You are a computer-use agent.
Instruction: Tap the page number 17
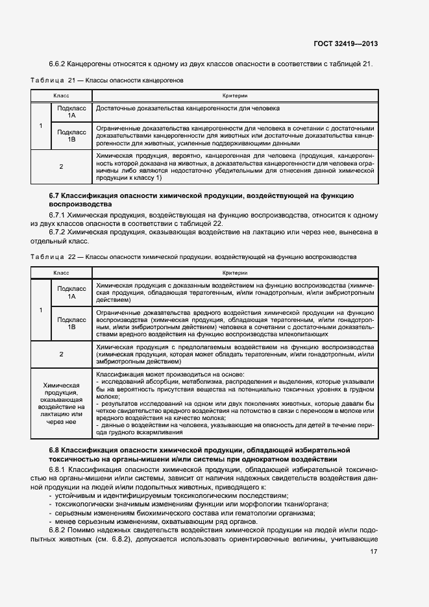click(373, 552)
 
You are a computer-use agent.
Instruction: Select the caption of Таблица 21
click(107, 81)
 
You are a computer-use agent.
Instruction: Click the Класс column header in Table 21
click(61, 95)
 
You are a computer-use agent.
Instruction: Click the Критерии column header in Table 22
click(234, 273)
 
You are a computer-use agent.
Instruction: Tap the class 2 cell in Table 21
click(61, 166)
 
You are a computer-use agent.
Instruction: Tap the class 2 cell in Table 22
click(61, 354)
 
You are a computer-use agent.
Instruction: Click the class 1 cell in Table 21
click(41, 125)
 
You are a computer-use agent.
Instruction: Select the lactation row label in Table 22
click(61, 403)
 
